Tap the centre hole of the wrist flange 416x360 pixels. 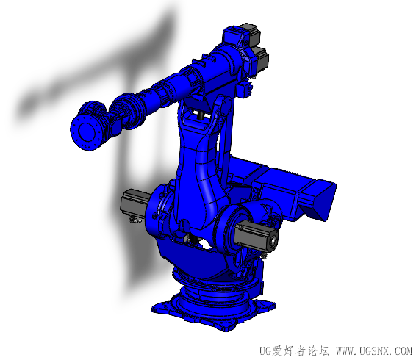coord(85,131)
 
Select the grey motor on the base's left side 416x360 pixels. coord(135,203)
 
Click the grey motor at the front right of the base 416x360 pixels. coord(256,235)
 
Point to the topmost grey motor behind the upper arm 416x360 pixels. coord(251,32)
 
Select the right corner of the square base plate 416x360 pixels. coord(275,304)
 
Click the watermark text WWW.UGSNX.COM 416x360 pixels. coord(374,351)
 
